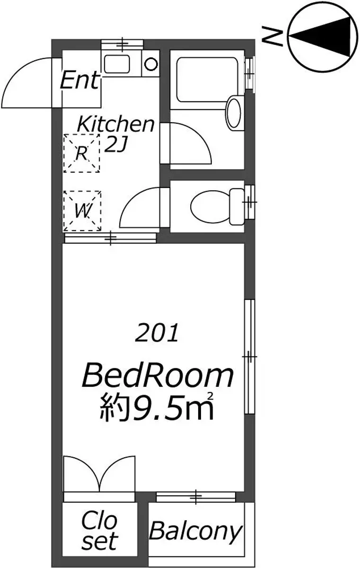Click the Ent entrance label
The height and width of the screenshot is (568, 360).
(x=79, y=80)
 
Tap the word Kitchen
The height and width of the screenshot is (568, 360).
(x=115, y=124)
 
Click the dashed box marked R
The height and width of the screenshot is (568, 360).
(x=81, y=153)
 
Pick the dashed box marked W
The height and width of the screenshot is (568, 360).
(x=82, y=211)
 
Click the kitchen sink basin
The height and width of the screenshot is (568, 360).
(x=117, y=64)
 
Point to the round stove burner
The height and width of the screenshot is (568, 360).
(x=151, y=64)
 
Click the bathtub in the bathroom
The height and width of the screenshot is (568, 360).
(x=207, y=80)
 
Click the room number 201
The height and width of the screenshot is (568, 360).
(x=157, y=332)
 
